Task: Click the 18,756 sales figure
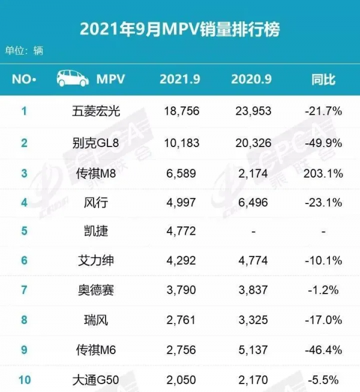pos(181,110)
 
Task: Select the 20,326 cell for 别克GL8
pos(251,143)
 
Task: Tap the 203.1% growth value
pos(323,174)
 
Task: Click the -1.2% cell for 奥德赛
pos(323,289)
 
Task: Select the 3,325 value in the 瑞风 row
pos(251,319)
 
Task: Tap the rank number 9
pos(25,349)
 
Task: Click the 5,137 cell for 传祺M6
pos(251,349)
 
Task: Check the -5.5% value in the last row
pos(323,379)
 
